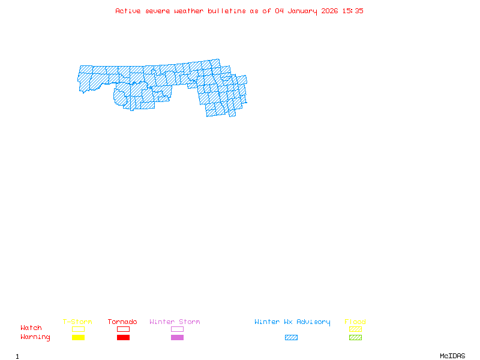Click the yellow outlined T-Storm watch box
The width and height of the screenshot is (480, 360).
[78, 329]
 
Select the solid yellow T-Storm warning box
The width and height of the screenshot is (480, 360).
[78, 337]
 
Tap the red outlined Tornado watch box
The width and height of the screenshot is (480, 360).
[123, 329]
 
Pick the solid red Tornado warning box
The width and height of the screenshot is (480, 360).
[123, 337]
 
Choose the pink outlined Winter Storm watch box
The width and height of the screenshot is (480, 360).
[177, 329]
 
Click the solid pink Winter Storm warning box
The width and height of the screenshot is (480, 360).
[177, 337]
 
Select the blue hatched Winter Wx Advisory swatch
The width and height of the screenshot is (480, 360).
[291, 337]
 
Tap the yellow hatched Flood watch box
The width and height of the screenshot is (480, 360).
[355, 329]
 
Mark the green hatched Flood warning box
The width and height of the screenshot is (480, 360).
[355, 337]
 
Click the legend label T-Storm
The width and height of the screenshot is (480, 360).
[77, 322]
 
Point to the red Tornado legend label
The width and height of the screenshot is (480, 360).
[122, 322]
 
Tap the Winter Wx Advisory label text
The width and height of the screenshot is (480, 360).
[292, 322]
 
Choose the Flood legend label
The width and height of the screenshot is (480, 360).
[355, 322]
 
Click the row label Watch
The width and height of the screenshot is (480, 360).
[31, 328]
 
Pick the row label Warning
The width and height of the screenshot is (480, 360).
[35, 337]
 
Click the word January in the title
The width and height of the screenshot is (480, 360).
[303, 11]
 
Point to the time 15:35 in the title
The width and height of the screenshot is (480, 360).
[353, 11]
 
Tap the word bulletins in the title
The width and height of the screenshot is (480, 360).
[227, 11]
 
